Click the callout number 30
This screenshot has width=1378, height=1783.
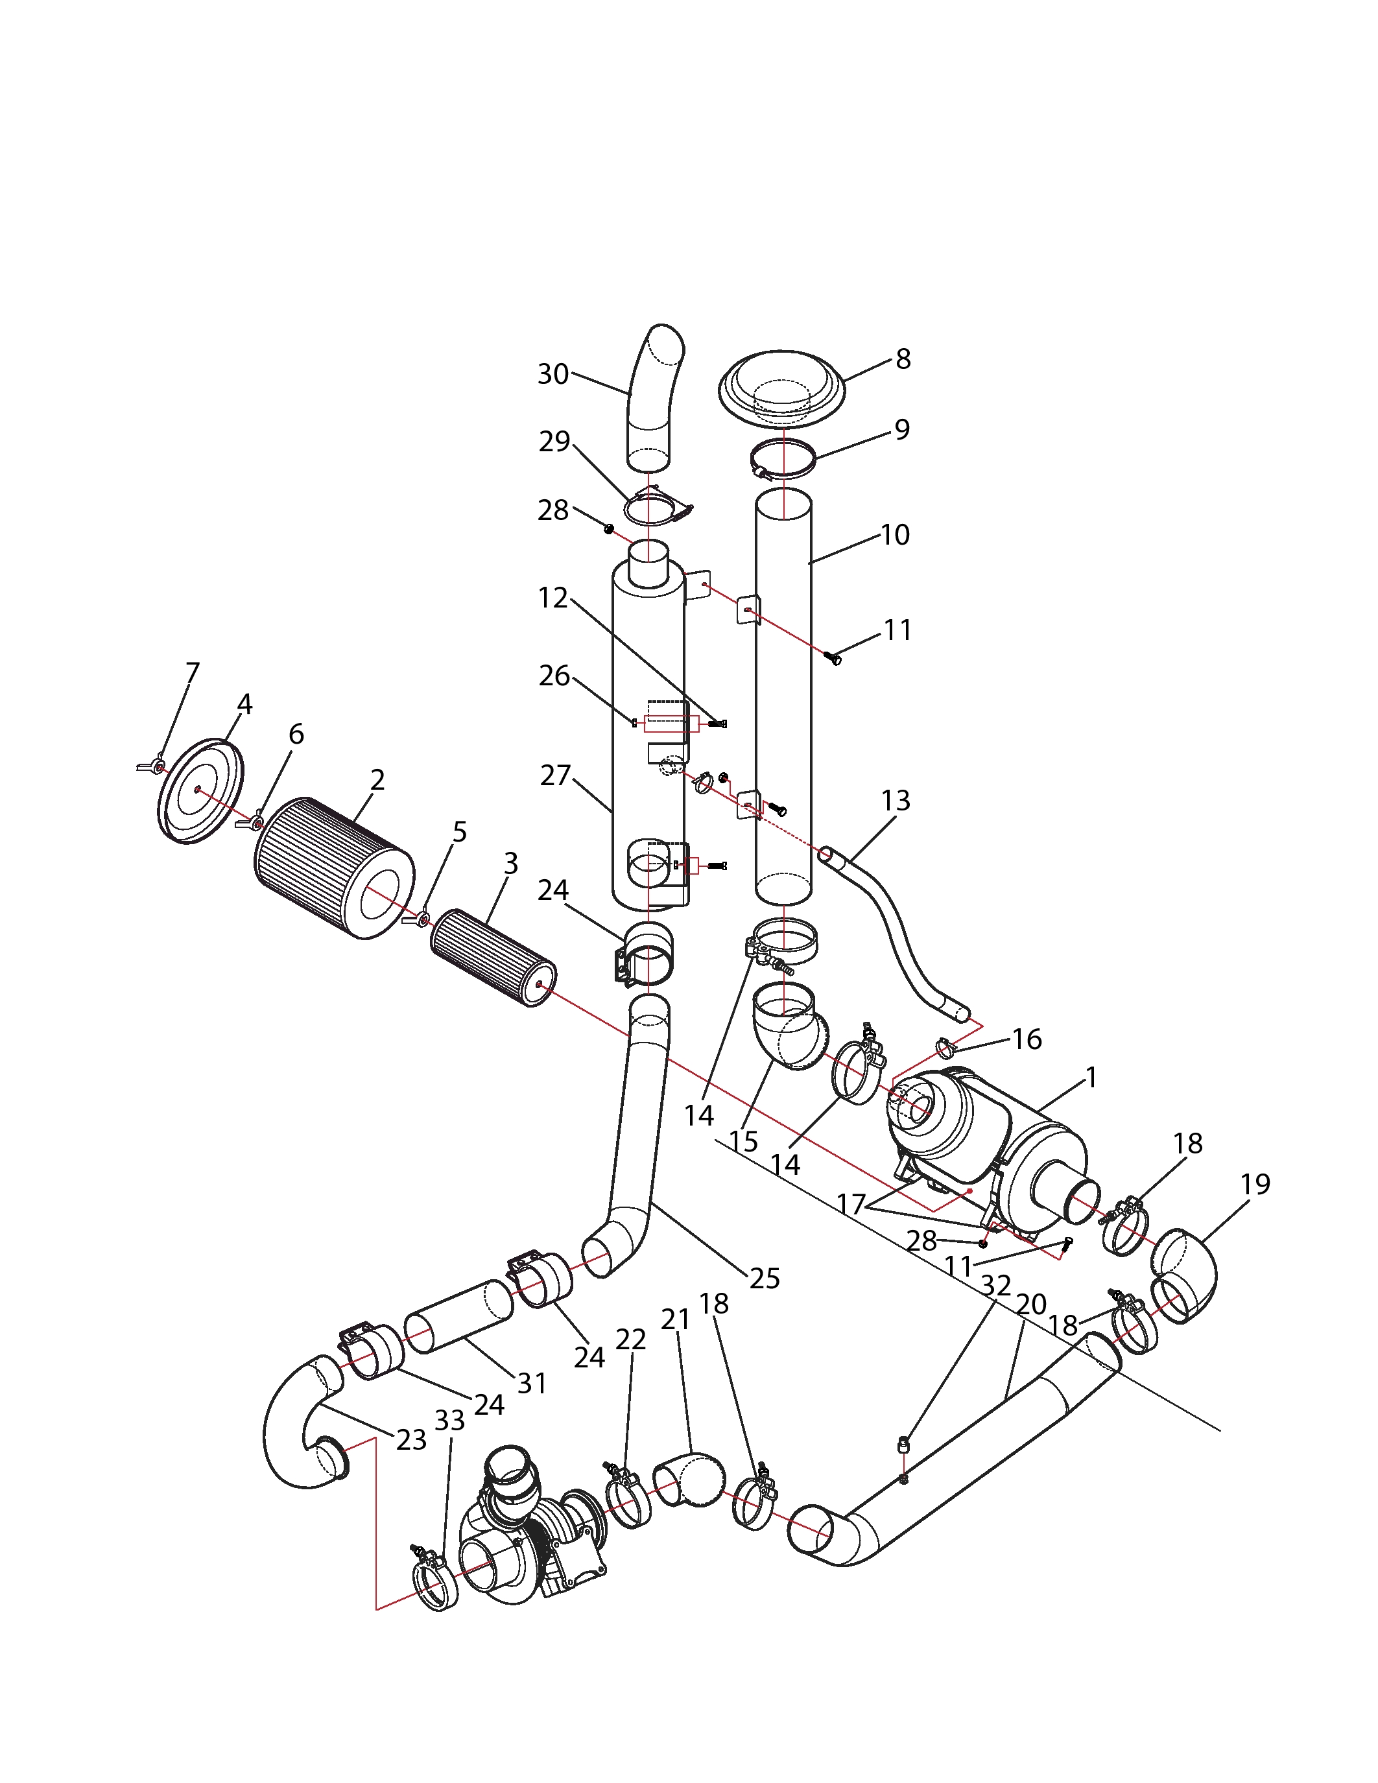(x=552, y=374)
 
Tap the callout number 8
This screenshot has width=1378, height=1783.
(x=903, y=359)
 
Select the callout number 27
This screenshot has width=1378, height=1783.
(x=555, y=775)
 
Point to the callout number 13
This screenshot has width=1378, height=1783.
(x=896, y=800)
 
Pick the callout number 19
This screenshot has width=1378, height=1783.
(x=1255, y=1184)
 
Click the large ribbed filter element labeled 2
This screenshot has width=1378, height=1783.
(x=334, y=867)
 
